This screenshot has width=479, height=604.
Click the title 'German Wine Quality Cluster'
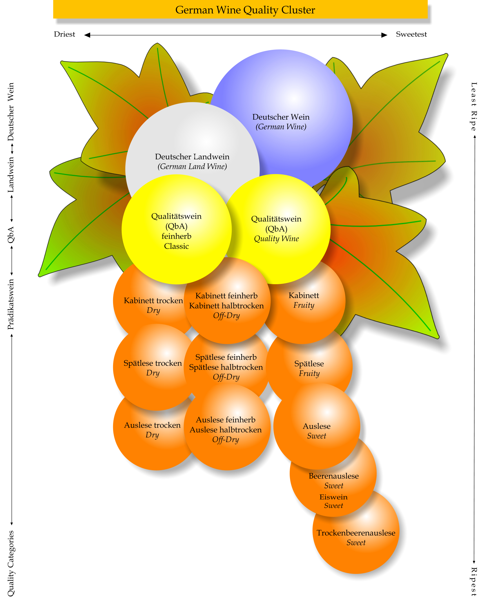pos(245,10)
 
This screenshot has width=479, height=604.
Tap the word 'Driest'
pos(64,34)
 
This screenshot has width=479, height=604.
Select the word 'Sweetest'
pos(411,34)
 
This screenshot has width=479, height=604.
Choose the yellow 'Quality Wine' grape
pos(276,229)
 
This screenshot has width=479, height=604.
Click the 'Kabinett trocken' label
pos(153,301)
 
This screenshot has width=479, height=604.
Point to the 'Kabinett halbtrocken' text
pos(226,306)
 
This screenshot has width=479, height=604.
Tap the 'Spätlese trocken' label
pos(153,363)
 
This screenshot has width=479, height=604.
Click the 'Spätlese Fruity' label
pos(309,368)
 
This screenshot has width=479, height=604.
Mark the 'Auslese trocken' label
pos(152,425)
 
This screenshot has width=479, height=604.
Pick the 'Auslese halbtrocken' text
pos(226,430)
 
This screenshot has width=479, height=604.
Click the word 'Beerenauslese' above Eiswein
pos(333,476)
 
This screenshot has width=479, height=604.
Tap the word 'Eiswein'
pos(333,497)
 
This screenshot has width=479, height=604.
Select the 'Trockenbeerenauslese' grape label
pos(356,533)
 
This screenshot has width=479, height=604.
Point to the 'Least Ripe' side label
pos(473,106)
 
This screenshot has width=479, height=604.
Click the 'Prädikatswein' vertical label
pos(11,304)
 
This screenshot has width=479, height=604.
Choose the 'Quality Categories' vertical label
pos(11,563)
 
